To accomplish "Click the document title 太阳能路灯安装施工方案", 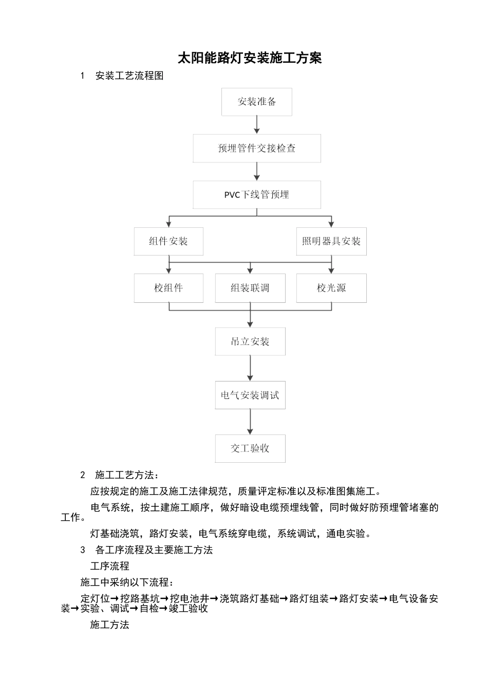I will (250, 58).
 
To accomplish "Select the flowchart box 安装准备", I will (257, 102).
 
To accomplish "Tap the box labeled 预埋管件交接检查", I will (257, 149).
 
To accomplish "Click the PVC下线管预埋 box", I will (257, 195).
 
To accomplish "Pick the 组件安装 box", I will (168, 242).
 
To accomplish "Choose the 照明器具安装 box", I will (331, 242).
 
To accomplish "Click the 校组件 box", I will (168, 288).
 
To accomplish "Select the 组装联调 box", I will (250, 288).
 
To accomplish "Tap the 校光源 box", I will (331, 288).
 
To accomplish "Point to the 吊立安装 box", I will (250, 342).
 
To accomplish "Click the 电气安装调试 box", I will (250, 395).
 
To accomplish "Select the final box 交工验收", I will (250, 448).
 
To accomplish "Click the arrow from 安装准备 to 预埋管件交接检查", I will (257, 125).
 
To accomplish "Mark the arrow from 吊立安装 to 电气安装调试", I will (250, 368).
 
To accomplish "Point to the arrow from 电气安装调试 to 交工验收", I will (250, 422).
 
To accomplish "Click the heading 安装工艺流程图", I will (129, 76).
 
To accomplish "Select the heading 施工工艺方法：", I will (127, 475).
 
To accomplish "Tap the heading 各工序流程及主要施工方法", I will (154, 550).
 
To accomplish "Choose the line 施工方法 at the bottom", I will (110, 625).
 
